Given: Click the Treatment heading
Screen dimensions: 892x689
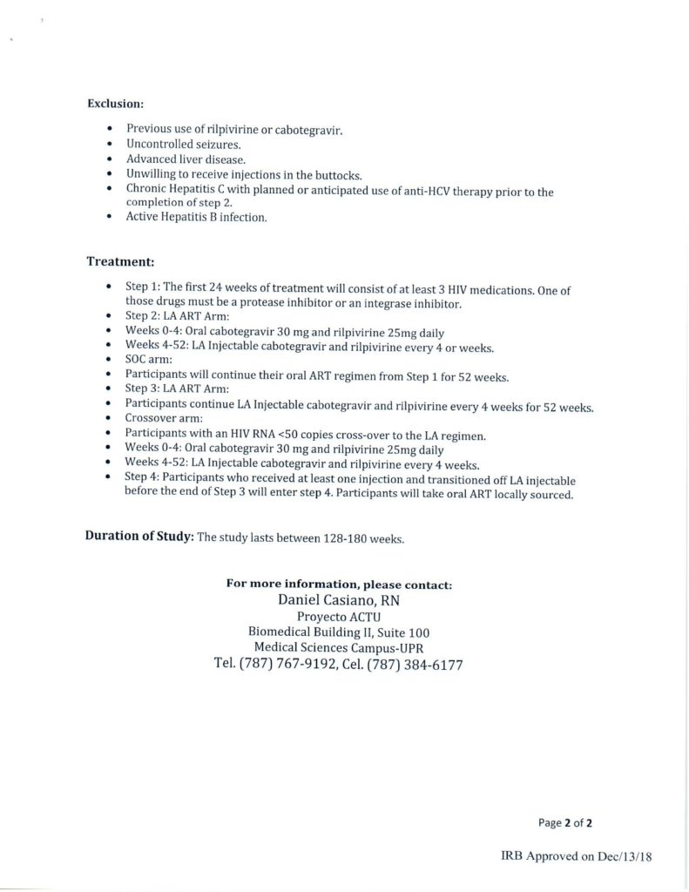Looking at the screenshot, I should tap(121, 260).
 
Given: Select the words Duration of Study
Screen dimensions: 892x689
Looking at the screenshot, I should tap(138, 537).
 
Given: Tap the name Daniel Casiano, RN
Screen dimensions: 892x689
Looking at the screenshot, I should tap(339, 601).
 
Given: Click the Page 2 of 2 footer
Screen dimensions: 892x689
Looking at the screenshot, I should tap(565, 821).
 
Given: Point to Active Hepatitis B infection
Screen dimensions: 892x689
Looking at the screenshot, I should tap(196, 218).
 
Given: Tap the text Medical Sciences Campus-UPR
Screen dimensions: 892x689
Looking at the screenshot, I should tap(338, 647).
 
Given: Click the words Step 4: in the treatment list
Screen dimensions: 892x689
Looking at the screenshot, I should tap(142, 480).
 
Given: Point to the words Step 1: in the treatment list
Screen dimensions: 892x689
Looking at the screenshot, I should tap(142, 288).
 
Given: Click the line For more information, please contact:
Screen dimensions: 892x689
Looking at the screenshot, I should tap(338, 585).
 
